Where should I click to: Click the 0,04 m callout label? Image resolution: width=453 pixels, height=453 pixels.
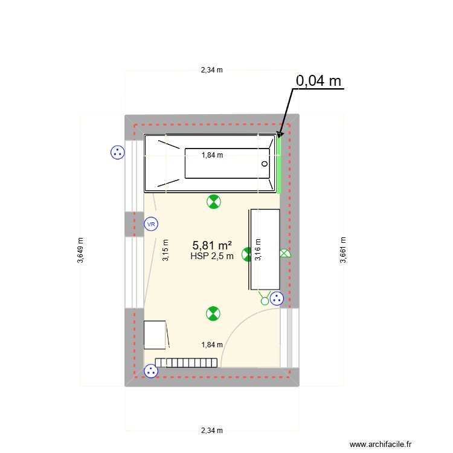(x=318, y=81)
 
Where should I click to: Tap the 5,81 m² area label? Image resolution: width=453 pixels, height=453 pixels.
(x=212, y=245)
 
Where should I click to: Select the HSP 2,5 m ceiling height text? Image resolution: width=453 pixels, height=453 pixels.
(x=212, y=256)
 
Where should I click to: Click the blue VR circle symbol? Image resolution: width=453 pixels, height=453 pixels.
(x=150, y=225)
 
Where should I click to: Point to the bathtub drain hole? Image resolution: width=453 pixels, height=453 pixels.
(x=265, y=164)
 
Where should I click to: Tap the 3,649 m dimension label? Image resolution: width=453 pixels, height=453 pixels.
(x=81, y=250)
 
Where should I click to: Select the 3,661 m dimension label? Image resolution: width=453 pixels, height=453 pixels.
(x=342, y=250)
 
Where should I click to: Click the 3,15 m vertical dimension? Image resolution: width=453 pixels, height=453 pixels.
(x=165, y=250)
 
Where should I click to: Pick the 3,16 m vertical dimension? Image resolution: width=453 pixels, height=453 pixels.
(x=258, y=250)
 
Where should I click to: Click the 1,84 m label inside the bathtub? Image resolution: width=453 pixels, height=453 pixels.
(x=212, y=155)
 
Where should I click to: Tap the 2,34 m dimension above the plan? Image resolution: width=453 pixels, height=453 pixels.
(x=212, y=69)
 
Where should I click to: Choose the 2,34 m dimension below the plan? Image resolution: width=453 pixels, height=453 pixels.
(x=212, y=431)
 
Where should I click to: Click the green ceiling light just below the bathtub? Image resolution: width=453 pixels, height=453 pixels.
(x=213, y=202)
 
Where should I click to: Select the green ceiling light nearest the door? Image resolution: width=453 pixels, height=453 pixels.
(x=213, y=313)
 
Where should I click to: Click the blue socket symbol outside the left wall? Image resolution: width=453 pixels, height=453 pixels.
(x=117, y=153)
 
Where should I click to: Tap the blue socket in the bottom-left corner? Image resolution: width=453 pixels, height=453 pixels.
(x=150, y=371)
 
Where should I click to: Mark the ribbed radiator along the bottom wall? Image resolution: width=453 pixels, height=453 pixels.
(x=186, y=362)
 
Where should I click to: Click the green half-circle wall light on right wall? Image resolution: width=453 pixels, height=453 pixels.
(x=284, y=254)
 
